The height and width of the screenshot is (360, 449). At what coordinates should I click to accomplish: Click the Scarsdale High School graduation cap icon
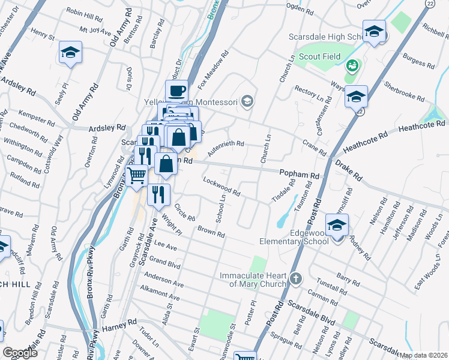click(373, 32)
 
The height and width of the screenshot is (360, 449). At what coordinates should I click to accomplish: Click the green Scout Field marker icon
click(353, 63)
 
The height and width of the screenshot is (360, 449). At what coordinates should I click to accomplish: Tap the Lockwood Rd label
click(221, 187)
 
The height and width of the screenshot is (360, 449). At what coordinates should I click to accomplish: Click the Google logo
click(20, 353)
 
